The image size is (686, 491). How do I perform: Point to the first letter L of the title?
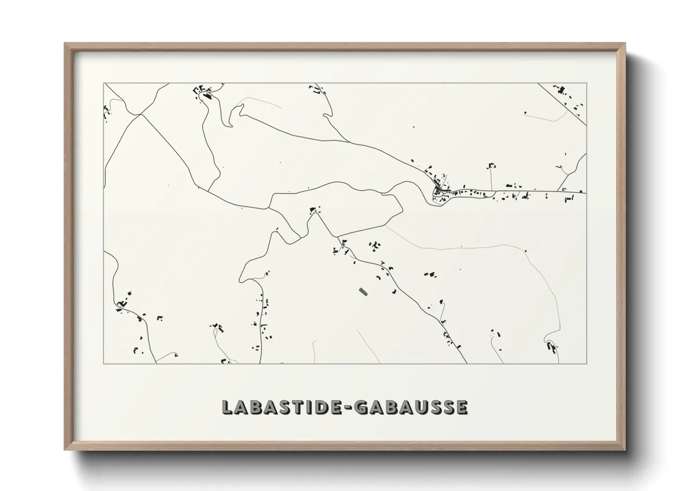227,407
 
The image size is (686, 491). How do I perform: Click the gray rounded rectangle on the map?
363,291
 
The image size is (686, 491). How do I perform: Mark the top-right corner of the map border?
587,83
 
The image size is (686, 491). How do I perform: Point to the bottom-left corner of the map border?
104,363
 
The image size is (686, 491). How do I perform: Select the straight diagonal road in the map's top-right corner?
563,104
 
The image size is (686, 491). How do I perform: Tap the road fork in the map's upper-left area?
140,114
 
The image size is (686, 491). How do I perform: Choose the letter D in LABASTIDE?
326,407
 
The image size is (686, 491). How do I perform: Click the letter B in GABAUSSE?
394,407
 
